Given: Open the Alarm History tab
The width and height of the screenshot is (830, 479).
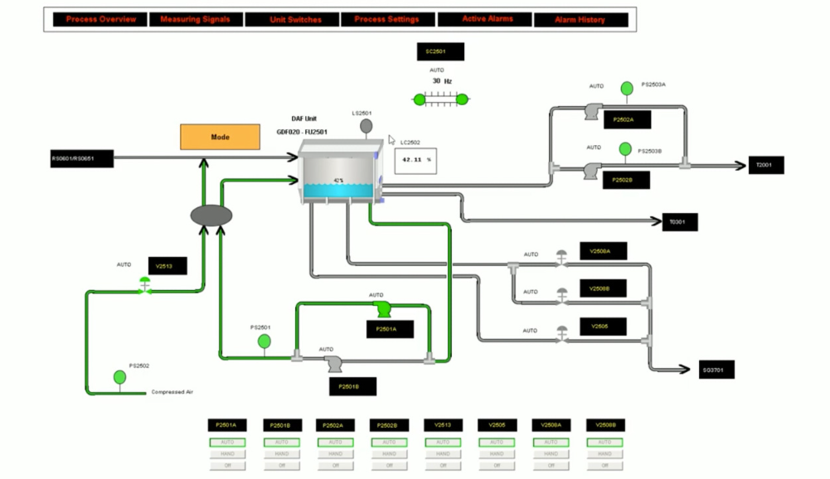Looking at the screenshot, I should pos(580,19).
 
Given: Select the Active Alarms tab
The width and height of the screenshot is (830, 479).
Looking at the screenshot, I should pos(487,19).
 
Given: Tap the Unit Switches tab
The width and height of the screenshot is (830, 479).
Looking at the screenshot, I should pos(295,19).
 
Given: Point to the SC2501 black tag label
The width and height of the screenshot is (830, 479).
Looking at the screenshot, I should pos(440,51).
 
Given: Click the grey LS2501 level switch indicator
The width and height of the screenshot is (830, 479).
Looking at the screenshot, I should pos(365,126).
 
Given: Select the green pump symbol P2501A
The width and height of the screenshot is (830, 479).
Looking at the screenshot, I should pos(383,308).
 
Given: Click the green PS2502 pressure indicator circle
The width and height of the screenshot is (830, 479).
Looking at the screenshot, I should pos(120,378).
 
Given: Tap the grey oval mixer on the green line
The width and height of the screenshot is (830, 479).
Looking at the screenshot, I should pos(211,215).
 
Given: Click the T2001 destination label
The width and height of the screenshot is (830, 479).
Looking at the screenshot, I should pos(765,165).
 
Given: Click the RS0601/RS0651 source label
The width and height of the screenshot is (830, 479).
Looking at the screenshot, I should pos(80,158).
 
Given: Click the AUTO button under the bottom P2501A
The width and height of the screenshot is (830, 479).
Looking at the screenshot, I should pos(227,443).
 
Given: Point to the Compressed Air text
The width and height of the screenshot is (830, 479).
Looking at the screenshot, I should pos(172,392).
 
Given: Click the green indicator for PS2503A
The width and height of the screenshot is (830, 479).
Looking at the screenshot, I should pos(627,88).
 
